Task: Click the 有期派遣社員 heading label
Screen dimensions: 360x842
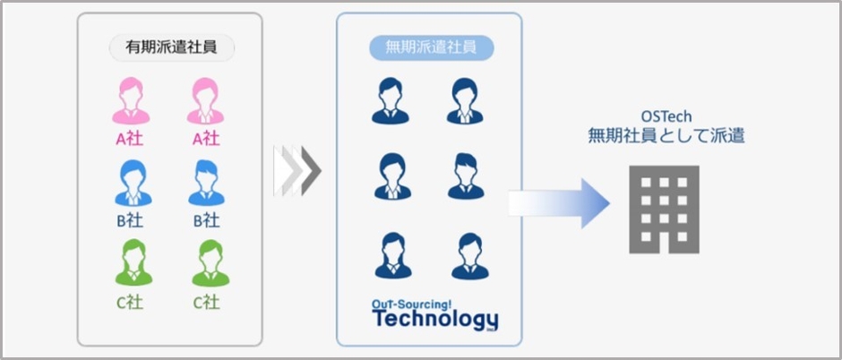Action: pos(171,47)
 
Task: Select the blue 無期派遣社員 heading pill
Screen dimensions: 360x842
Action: pos(432,47)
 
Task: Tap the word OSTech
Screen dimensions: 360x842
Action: pos(666,117)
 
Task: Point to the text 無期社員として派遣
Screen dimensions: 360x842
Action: pos(666,137)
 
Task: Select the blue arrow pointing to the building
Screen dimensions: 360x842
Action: pos(560,202)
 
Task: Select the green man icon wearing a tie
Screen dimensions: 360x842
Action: pos(206,263)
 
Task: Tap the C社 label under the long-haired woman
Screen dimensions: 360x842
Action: pos(132,302)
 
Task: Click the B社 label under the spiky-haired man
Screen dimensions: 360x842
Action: pos(206,220)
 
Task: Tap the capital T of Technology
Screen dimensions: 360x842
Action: pos(380,318)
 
